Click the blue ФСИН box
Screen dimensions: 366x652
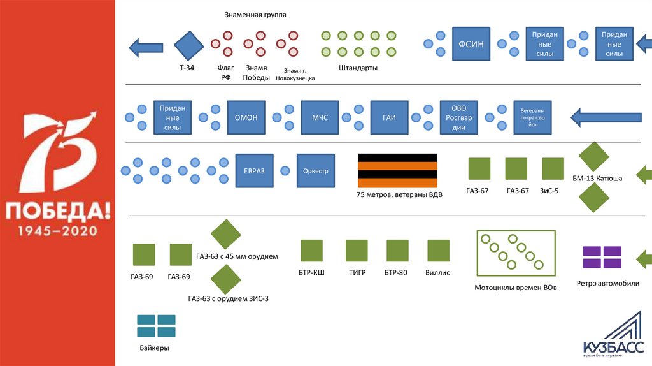point(472,44)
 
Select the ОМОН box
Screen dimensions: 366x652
point(246,117)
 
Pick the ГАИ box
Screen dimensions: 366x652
point(388,117)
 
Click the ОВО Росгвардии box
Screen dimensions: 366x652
point(459,117)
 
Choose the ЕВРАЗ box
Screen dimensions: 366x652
point(253,171)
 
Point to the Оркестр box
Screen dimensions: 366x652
point(316,171)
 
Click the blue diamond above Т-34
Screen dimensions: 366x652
point(189,45)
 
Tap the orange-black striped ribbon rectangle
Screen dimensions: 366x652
point(397,170)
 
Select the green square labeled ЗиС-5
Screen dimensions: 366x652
point(553,168)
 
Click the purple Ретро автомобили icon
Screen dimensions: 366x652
point(602,258)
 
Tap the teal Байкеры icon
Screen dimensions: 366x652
point(156,326)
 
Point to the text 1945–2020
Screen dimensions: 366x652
point(57,230)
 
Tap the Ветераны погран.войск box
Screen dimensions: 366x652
point(532,117)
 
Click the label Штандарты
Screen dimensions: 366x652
point(358,67)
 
